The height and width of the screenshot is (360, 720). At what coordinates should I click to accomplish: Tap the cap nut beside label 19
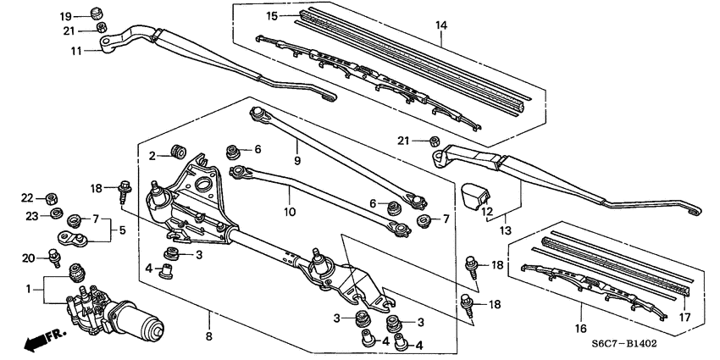(96, 14)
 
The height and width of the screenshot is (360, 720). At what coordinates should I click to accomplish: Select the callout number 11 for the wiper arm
(75, 51)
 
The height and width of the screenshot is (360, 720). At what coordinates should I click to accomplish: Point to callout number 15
(271, 16)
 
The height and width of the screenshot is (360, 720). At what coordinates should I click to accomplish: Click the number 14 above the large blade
(440, 26)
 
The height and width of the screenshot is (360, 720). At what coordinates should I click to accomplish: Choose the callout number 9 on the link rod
(297, 160)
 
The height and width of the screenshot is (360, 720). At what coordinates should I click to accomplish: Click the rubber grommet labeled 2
(177, 151)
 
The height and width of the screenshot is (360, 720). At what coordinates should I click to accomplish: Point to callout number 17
(684, 319)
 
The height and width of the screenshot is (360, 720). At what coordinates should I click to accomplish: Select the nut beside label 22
(51, 198)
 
